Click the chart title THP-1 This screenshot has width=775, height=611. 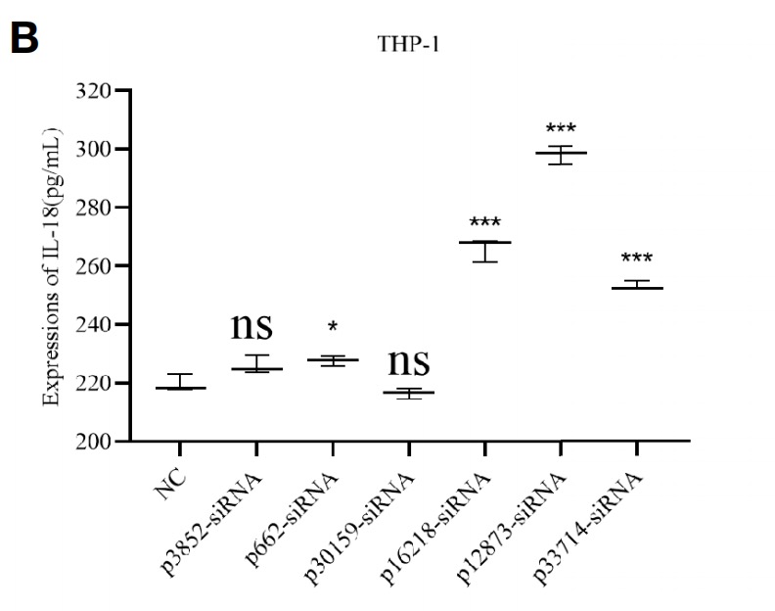point(409,43)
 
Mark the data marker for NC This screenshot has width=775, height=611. point(180,388)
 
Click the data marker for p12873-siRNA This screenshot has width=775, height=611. point(561,153)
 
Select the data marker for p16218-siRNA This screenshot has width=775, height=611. point(484,242)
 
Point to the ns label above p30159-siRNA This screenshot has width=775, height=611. point(409,360)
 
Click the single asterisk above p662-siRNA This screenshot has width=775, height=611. point(333,326)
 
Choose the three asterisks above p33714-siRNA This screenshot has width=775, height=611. point(637,259)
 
